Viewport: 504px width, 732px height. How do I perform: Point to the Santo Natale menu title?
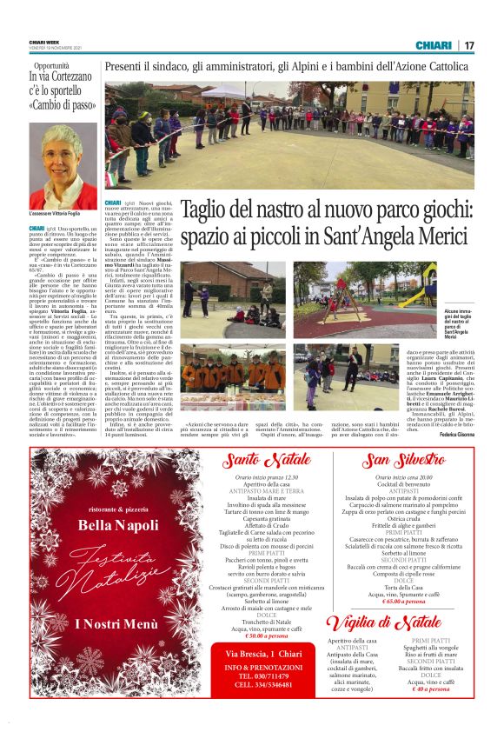click(x=266, y=459)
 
